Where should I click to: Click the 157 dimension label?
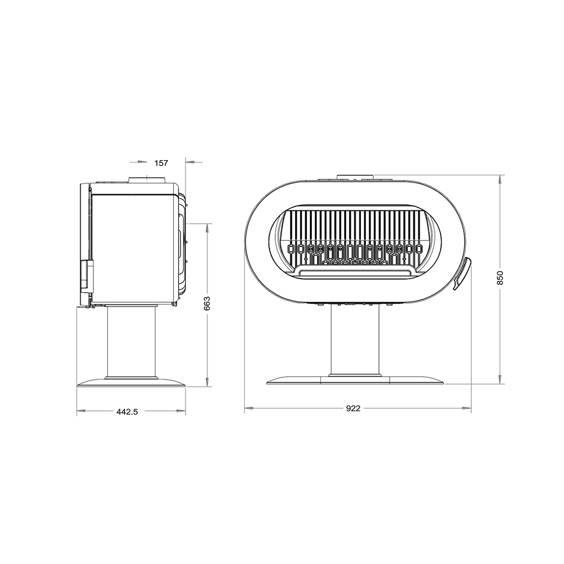click(x=161, y=163)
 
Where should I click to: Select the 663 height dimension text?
click(x=207, y=303)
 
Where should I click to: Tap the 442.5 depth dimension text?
click(x=127, y=412)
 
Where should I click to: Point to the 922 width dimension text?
click(x=353, y=408)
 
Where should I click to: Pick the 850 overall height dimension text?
click(x=500, y=277)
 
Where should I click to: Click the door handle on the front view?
click(x=462, y=274)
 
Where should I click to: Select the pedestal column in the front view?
click(x=355, y=340)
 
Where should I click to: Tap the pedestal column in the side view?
click(x=131, y=342)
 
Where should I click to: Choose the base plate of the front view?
click(x=355, y=380)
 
